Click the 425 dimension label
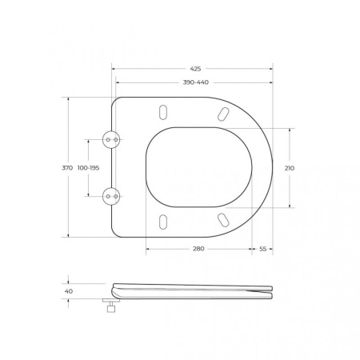pos(195,69)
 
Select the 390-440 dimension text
pos(196,82)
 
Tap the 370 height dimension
pos(67,168)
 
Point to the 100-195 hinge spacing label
pos(88,168)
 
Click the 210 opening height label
pos(290,168)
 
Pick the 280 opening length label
pos(198,249)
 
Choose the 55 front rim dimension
pos(262,249)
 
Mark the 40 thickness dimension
pos(69,291)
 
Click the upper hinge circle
pos(111,140)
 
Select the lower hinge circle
pos(111,197)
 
